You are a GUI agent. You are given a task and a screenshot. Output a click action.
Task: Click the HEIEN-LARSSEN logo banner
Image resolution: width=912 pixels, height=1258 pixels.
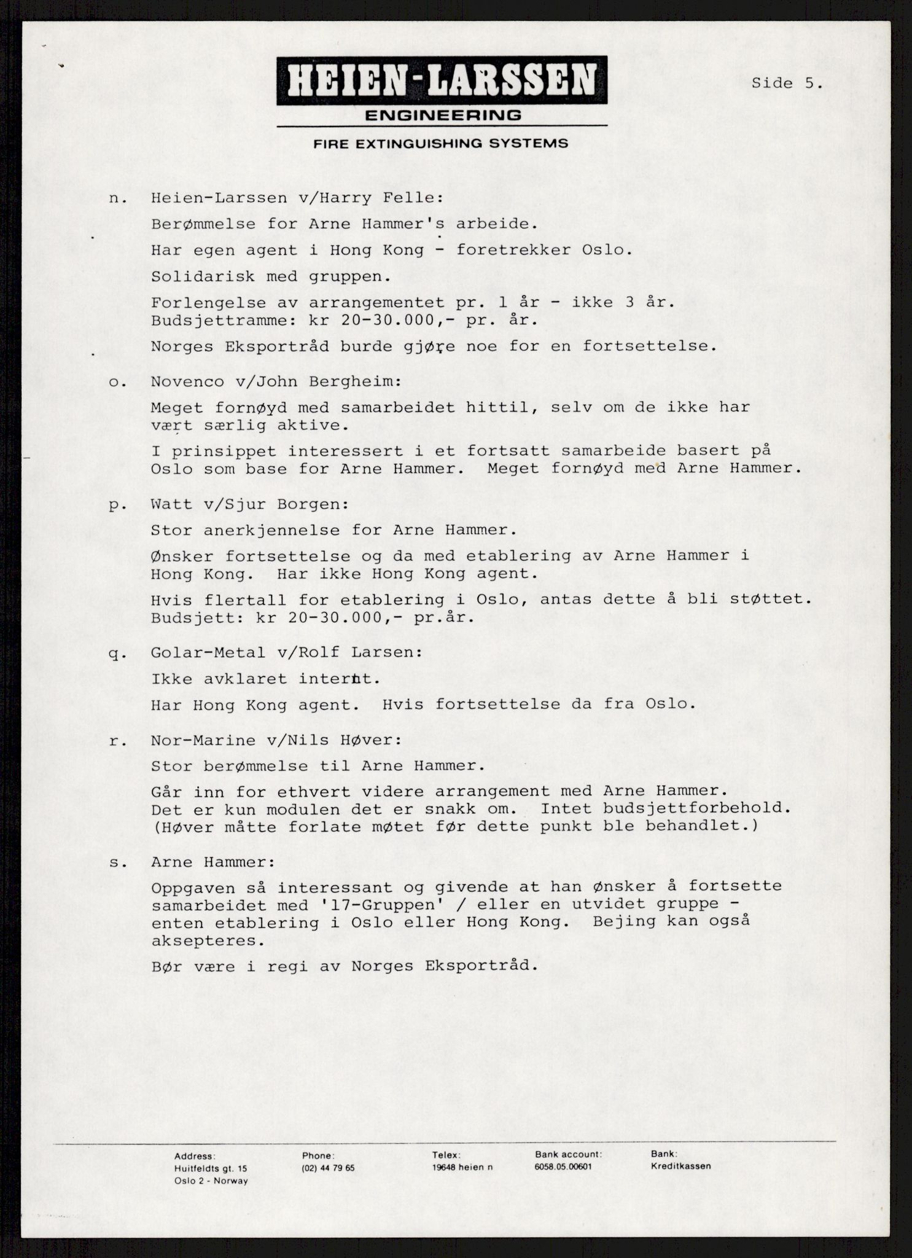pos(442,80)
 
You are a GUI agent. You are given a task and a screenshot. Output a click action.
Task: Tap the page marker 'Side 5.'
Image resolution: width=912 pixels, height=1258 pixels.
pos(787,84)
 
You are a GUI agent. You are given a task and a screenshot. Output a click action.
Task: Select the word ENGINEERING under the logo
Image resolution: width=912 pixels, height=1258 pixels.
pos(442,115)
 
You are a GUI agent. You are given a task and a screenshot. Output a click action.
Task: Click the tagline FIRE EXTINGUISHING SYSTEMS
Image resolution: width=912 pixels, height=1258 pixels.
pos(440,144)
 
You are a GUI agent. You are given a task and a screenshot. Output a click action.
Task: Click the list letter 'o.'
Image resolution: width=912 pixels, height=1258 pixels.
pos(115,381)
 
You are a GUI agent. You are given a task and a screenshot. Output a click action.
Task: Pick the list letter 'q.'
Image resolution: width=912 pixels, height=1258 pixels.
pos(115,654)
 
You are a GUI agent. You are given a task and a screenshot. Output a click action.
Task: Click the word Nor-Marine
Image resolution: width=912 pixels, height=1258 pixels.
pos(203,740)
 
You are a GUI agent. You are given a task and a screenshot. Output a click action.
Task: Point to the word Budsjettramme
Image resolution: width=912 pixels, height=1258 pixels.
pos(218,321)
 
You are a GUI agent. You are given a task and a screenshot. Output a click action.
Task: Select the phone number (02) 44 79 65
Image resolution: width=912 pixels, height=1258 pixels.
pos(328,1169)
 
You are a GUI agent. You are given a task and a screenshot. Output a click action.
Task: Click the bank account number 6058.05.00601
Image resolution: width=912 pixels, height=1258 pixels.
pos(563,1167)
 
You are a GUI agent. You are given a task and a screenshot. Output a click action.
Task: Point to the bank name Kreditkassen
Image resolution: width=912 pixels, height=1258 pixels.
pos(681,1166)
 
